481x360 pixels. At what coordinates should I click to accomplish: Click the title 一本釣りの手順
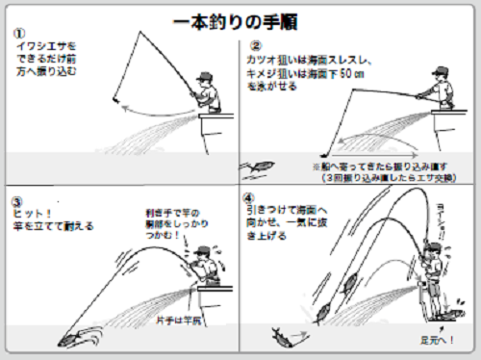(240, 20)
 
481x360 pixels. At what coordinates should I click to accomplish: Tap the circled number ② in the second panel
(256, 44)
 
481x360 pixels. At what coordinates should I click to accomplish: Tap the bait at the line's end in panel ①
(114, 100)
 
